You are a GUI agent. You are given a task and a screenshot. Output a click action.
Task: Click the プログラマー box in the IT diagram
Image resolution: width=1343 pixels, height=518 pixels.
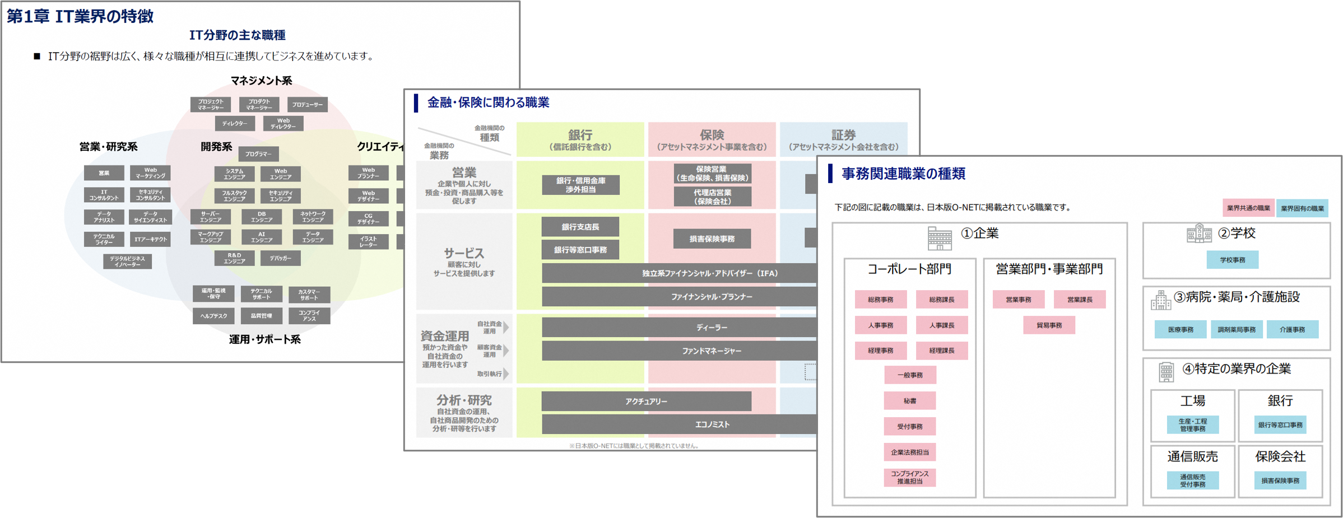pos(258,154)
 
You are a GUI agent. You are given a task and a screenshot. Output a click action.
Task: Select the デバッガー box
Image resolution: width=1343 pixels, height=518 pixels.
pos(280,258)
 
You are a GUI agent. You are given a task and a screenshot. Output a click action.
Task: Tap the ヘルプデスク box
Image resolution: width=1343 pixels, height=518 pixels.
pos(213,316)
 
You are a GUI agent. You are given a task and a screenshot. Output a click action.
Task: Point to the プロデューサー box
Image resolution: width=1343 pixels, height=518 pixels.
pos(307,105)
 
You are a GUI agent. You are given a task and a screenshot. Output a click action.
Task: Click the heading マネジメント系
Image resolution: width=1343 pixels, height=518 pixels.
pos(261,81)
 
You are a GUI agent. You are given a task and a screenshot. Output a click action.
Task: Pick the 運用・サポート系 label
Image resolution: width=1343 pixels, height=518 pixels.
pos(264,339)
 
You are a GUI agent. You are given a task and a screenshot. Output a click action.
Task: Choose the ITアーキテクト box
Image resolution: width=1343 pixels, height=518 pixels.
pos(150,239)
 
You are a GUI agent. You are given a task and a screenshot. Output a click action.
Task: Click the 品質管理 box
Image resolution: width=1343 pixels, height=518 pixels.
pos(261,316)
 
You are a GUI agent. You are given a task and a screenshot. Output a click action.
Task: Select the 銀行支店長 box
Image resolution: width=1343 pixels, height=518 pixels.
pos(580,227)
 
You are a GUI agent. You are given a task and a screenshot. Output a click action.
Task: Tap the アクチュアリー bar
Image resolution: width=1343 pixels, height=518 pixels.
pos(646,401)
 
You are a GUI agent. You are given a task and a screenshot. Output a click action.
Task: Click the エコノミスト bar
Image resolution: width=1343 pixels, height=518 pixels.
pos(712,424)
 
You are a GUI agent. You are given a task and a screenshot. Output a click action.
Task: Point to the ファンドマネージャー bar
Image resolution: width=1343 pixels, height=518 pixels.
pos(712,351)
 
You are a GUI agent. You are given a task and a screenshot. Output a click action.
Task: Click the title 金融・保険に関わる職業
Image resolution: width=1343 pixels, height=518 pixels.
pos(488,102)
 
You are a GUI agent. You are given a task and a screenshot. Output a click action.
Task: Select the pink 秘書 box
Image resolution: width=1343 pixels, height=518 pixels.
pos(909,401)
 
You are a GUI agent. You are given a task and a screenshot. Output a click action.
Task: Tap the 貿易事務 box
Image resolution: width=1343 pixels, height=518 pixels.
pos(1049,325)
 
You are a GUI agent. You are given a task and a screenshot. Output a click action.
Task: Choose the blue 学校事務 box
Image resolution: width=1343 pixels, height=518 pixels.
pos(1232,260)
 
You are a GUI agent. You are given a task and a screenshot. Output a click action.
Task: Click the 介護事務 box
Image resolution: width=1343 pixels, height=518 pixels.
pos(1292,330)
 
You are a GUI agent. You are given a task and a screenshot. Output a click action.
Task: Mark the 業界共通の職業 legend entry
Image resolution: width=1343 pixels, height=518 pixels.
pos(1248,208)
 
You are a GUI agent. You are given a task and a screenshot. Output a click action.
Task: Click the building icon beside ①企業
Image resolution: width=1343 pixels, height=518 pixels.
pos(939,238)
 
